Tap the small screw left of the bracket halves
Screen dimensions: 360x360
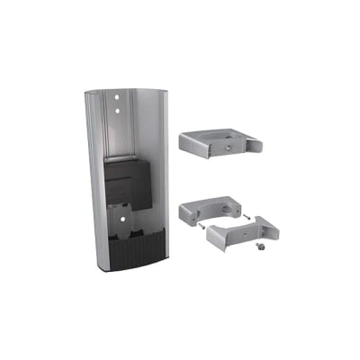pos(193,229)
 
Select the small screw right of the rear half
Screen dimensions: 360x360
pos(247,216)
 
